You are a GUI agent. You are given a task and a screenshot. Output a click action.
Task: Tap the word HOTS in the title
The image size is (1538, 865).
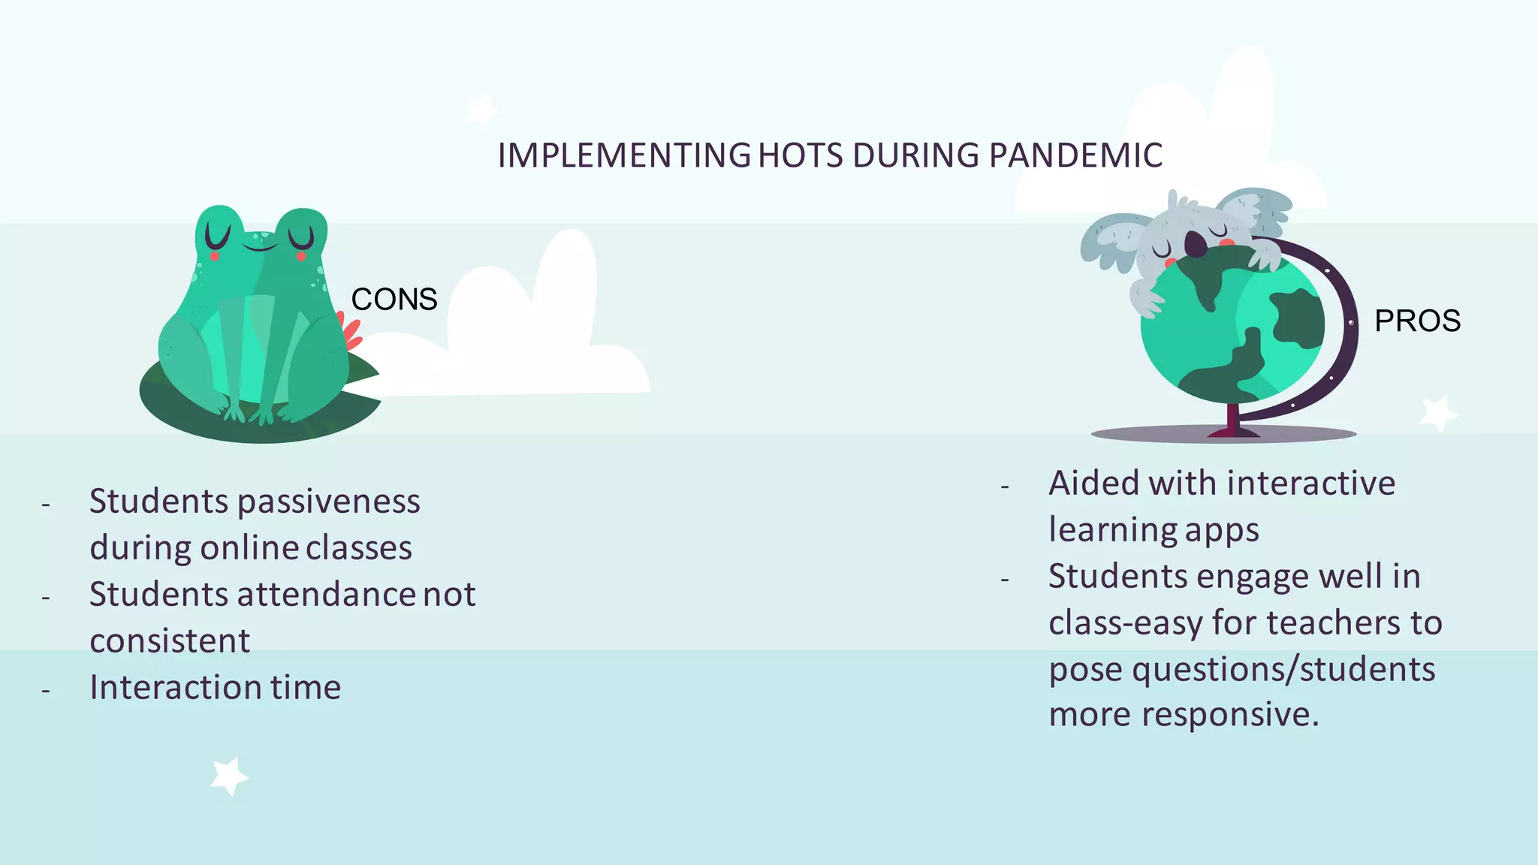[801, 155]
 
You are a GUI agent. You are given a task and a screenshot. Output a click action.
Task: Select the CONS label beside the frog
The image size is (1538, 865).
[394, 300]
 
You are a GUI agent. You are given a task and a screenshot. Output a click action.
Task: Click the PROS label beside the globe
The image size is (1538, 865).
[1417, 321]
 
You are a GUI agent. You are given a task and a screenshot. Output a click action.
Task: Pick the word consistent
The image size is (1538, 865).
[170, 641]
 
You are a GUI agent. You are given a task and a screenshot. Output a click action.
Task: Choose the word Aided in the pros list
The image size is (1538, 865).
[1093, 483]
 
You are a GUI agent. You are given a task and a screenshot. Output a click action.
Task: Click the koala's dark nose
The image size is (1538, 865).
[1195, 243]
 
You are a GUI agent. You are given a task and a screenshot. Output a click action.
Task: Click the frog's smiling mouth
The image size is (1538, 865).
[260, 245]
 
